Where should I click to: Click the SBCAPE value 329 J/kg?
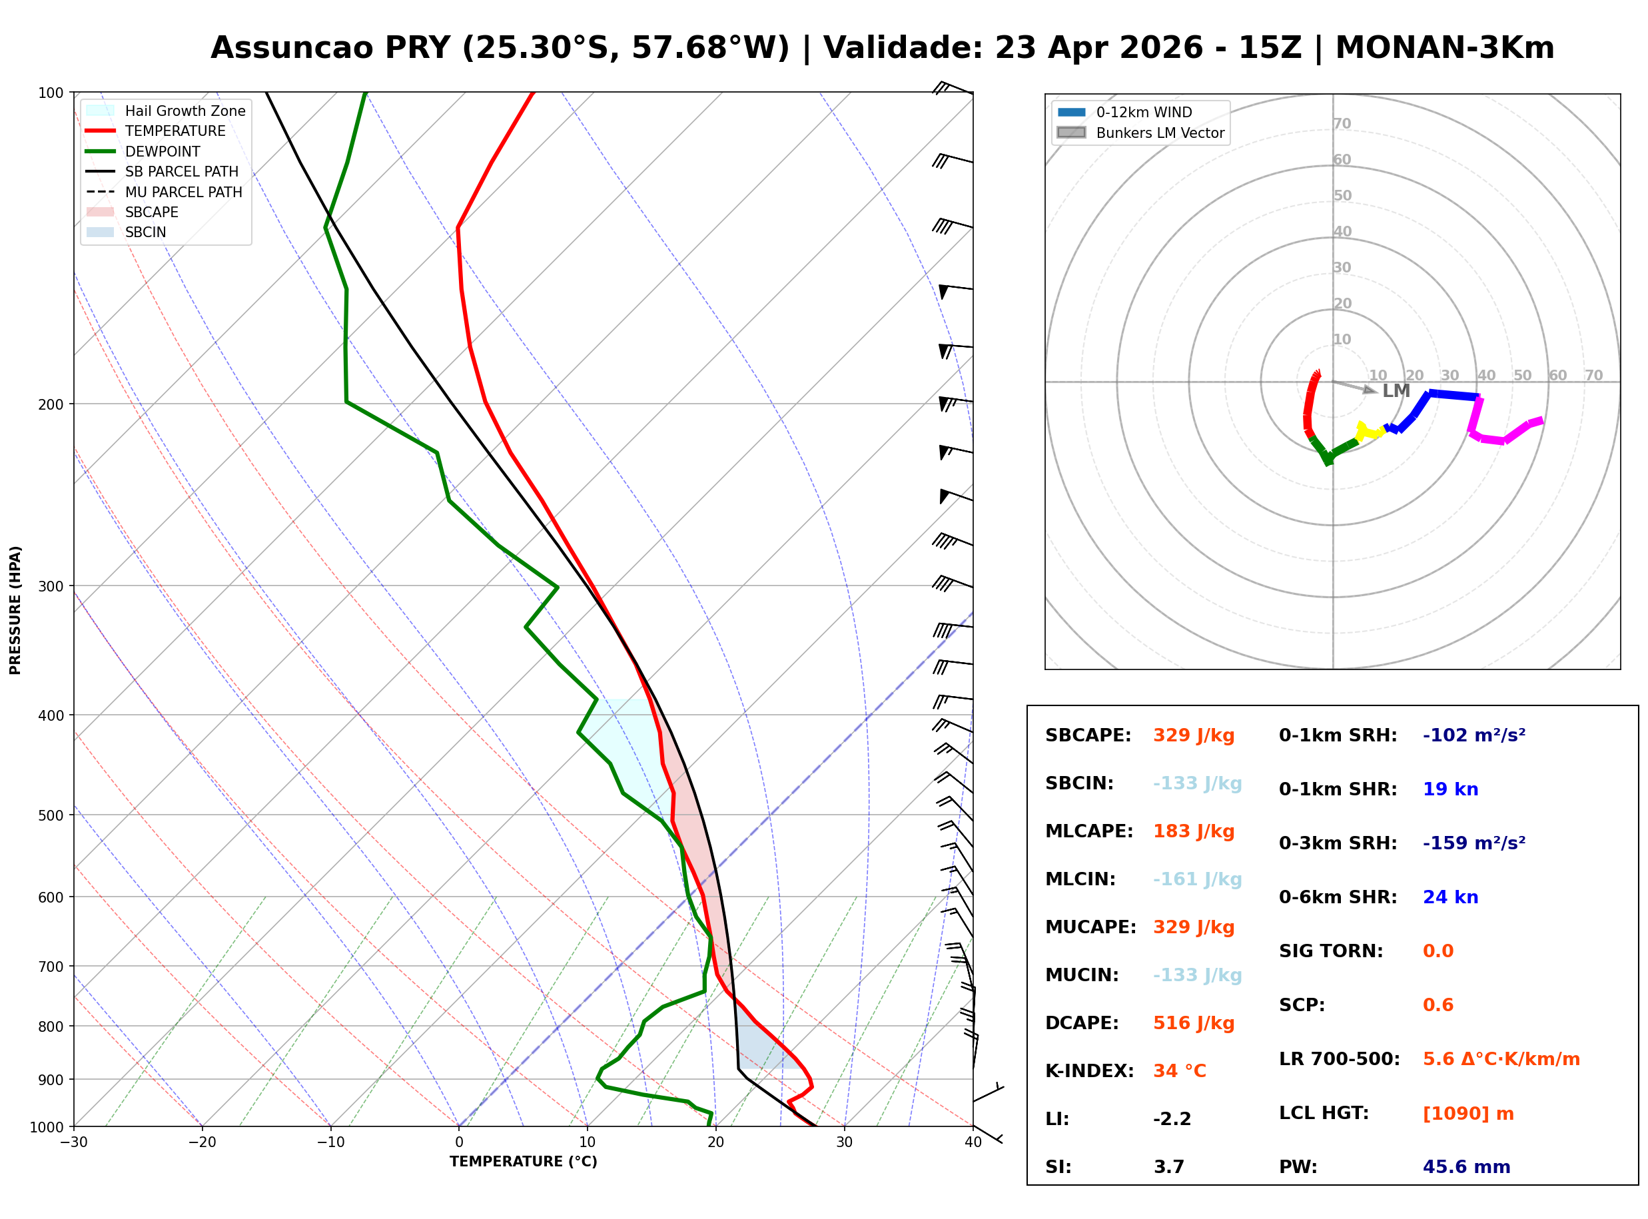tap(1194, 735)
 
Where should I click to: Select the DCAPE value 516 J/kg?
tap(1194, 1023)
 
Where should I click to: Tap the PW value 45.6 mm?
tap(1465, 1167)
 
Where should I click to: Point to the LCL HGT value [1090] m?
tap(1468, 1114)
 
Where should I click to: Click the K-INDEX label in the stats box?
tap(1089, 1071)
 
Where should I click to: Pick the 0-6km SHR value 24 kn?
tap(1450, 897)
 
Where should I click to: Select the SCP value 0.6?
tap(1438, 1005)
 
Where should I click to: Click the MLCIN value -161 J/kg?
tap(1197, 879)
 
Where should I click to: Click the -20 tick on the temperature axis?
tap(201, 1142)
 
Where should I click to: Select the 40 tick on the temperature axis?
tap(973, 1142)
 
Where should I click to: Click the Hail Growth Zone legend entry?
tap(185, 111)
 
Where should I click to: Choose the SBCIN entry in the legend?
tap(145, 232)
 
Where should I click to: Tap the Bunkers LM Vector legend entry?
tap(1159, 133)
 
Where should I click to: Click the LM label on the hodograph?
tap(1396, 391)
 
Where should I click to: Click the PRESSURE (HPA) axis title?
tap(15, 610)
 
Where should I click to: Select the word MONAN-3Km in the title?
tap(1444, 48)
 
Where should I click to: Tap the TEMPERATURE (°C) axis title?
tap(523, 1162)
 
